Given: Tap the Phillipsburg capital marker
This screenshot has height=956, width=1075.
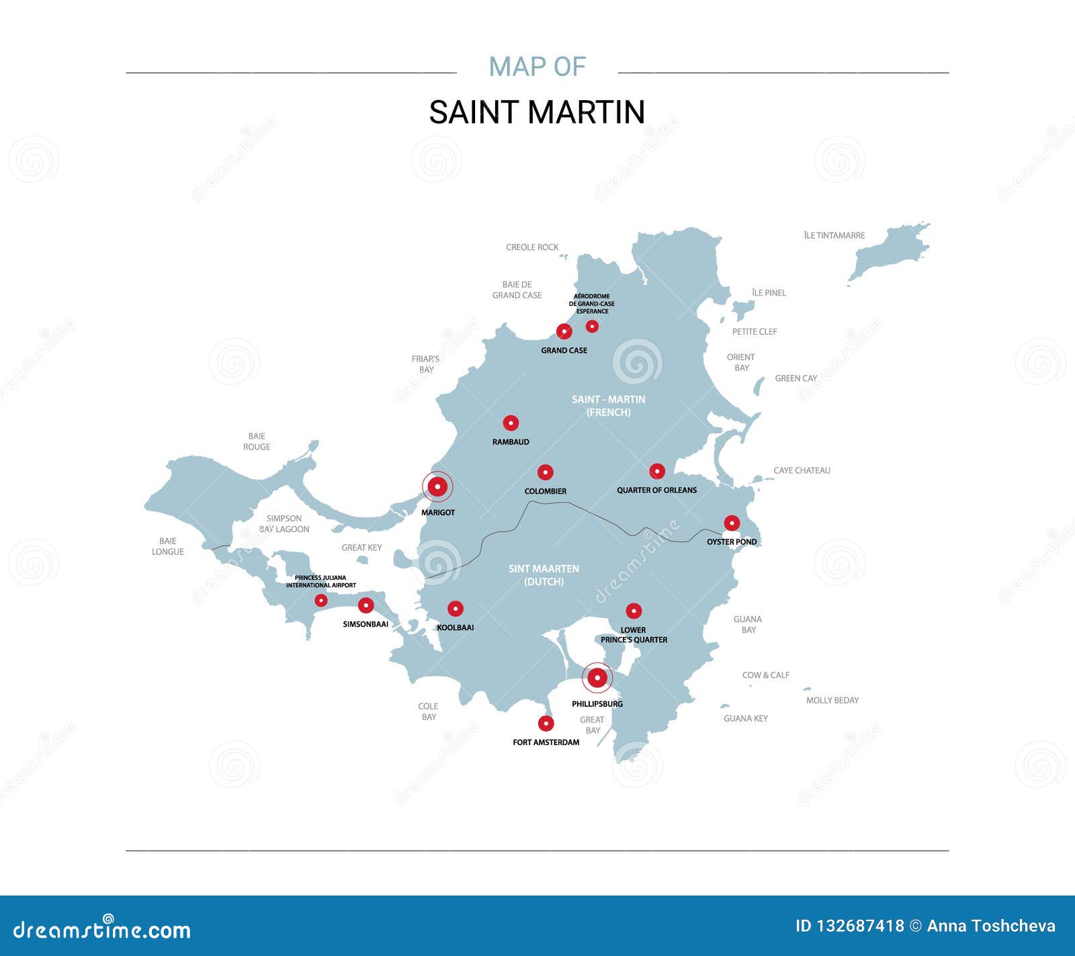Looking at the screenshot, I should pyautogui.click(x=597, y=679).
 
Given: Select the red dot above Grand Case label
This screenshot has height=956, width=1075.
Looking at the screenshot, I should pyautogui.click(x=564, y=331).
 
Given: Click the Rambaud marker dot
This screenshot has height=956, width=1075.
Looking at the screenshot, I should pyautogui.click(x=511, y=423).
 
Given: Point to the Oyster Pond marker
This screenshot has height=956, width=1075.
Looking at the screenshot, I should pyautogui.click(x=732, y=523).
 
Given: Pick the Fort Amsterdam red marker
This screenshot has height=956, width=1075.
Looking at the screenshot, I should pyautogui.click(x=546, y=724).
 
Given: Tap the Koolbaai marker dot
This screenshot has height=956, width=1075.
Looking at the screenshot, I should pyautogui.click(x=456, y=609).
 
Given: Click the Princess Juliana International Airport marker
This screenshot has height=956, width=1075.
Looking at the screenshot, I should pyautogui.click(x=321, y=601).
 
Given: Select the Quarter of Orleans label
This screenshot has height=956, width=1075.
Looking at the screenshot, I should pyautogui.click(x=656, y=490).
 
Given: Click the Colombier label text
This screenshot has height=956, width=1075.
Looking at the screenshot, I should pyautogui.click(x=545, y=491).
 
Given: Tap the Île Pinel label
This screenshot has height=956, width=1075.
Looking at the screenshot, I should pyautogui.click(x=769, y=293).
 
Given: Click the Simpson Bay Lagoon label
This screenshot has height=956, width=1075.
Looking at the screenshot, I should pyautogui.click(x=284, y=524).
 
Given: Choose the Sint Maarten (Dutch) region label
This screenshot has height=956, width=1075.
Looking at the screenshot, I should pyautogui.click(x=544, y=575).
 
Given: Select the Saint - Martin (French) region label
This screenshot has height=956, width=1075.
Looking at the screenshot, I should pyautogui.click(x=608, y=406).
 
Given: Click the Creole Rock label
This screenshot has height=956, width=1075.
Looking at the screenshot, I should pyautogui.click(x=532, y=247).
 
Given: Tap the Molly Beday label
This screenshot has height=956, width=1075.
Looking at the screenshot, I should pyautogui.click(x=832, y=700).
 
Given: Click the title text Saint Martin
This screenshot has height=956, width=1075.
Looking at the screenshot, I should pyautogui.click(x=537, y=112).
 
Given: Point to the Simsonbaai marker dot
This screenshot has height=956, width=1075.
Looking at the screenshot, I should pyautogui.click(x=365, y=606).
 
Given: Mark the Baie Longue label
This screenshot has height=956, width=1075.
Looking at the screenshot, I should pyautogui.click(x=168, y=546).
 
